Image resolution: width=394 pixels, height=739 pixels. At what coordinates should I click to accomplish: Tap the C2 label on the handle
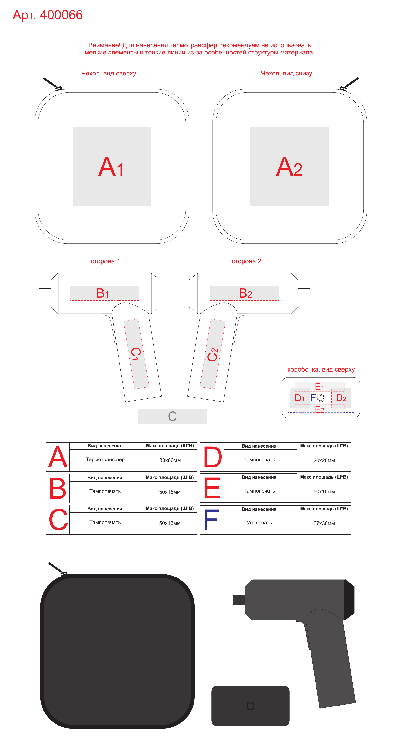212,355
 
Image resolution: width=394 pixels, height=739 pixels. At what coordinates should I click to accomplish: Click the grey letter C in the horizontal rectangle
172,416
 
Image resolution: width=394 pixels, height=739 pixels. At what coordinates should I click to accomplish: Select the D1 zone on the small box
300,398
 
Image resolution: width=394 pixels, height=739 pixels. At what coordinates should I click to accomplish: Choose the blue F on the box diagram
313,398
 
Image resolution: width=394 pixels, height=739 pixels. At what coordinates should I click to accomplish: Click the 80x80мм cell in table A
170,460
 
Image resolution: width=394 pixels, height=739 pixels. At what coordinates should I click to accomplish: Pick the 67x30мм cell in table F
324,523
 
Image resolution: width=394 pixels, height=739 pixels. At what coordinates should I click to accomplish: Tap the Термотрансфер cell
105,459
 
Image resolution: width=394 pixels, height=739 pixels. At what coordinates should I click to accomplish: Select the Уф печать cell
259,523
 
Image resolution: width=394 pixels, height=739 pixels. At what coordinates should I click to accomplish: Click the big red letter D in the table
212,457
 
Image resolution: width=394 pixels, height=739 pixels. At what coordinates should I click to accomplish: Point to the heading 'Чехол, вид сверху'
109,74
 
